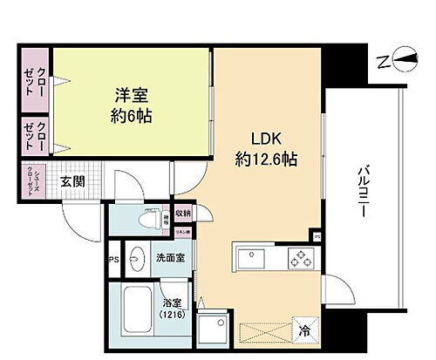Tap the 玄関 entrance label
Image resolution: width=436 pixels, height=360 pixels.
point(72,182)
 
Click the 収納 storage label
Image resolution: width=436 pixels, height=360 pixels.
point(181,213)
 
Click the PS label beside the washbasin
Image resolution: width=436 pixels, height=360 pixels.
point(113,259)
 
